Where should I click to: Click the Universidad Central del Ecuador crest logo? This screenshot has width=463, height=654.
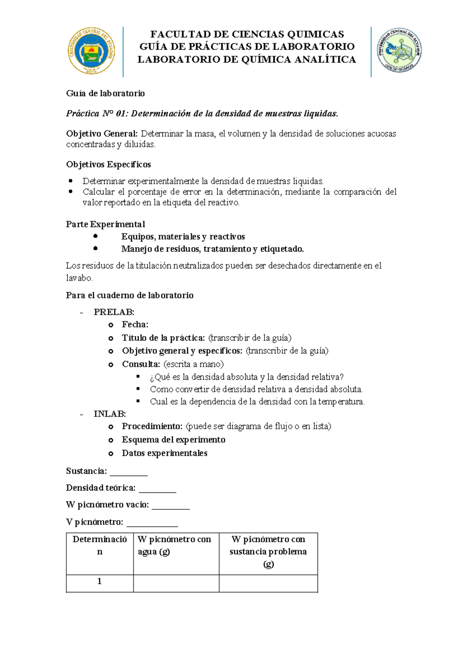pos(91,51)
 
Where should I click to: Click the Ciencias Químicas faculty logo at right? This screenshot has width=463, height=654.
pos(399,51)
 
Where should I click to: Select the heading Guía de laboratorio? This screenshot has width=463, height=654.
pos(105,93)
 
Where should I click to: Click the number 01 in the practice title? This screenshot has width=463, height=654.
pos(122,113)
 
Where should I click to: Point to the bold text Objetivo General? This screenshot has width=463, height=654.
pos(102,134)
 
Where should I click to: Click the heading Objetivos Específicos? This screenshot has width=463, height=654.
pos(108,165)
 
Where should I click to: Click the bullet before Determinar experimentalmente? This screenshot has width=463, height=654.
pos(70,181)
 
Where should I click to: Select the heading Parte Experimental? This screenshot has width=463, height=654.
pos(105,224)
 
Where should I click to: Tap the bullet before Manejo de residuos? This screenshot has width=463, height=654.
pos(95,249)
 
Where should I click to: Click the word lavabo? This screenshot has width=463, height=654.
pos(79,278)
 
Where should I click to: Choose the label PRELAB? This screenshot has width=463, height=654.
pos(114,312)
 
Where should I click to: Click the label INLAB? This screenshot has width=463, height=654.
pos(110,414)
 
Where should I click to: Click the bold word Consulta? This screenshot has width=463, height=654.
pos(141,364)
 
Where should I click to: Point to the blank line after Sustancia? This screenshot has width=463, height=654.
pos(128,474)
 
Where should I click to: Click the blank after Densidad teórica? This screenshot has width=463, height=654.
pos(157,490)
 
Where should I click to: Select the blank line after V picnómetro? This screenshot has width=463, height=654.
pos(152,524)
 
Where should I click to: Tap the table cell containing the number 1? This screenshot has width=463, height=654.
pos(100,581)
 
